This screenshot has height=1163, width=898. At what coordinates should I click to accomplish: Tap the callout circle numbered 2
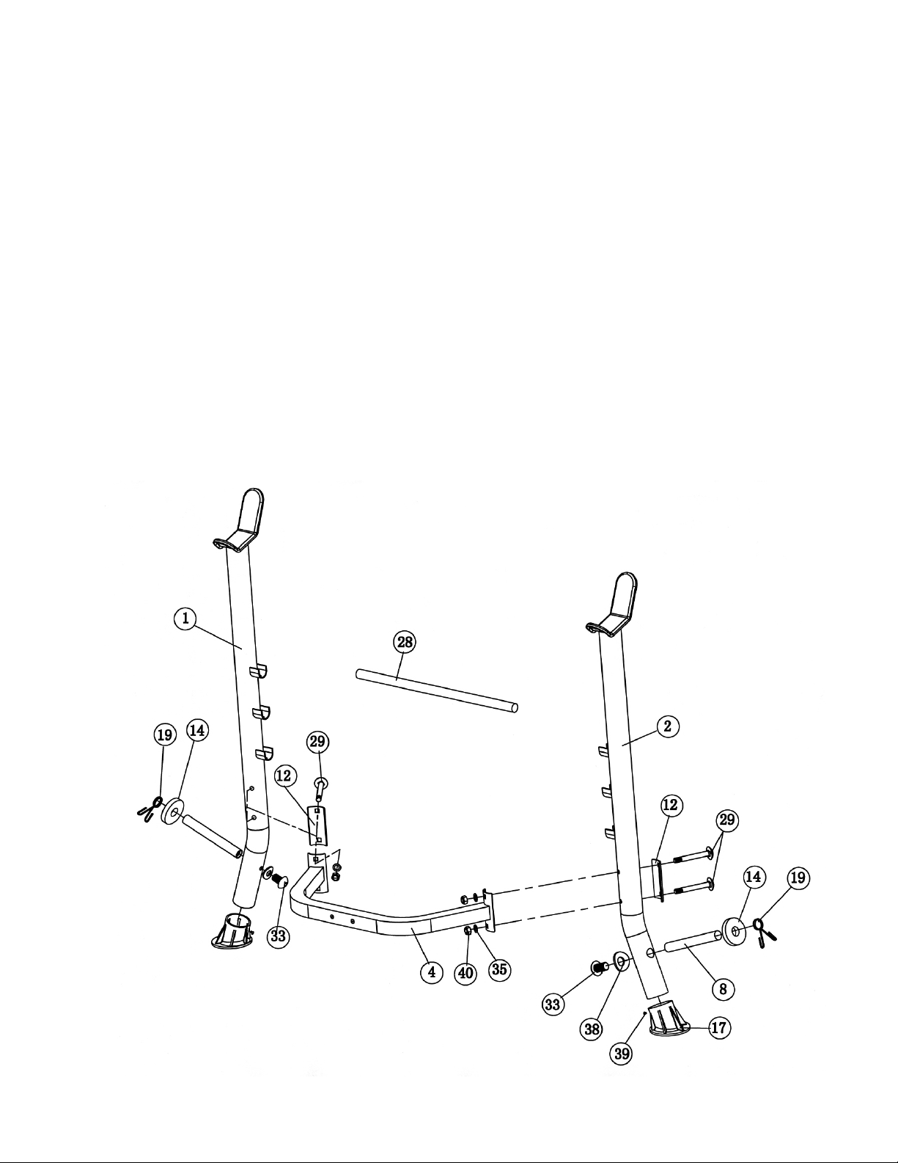[x=668, y=726]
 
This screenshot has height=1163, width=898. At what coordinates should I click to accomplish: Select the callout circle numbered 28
[x=405, y=642]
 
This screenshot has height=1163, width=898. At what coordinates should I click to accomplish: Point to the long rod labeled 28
[x=437, y=691]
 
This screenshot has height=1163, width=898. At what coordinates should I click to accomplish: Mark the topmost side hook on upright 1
[x=258, y=671]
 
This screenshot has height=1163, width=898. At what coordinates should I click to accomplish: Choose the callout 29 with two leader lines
[x=726, y=820]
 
